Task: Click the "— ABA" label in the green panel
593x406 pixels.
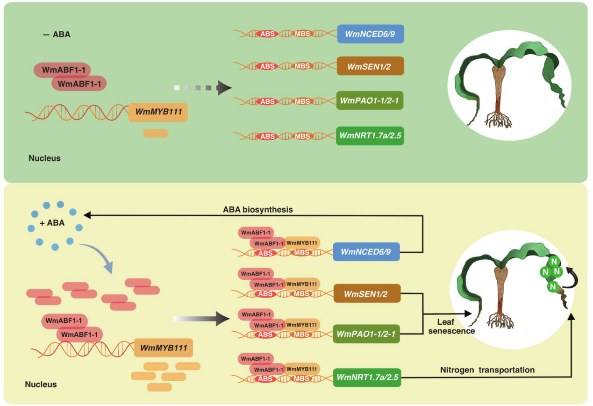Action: [57, 34]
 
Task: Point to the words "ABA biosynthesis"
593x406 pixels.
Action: [257, 210]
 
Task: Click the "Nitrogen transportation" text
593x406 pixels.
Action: [487, 370]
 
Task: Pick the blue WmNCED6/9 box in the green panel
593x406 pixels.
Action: [370, 34]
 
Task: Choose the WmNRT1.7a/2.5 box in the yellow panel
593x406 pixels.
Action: [367, 377]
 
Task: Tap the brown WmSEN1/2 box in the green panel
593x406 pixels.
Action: [370, 66]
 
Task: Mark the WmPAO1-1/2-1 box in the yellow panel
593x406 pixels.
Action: [367, 334]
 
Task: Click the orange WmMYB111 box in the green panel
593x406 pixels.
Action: [158, 112]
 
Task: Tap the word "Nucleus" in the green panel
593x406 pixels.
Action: [44, 158]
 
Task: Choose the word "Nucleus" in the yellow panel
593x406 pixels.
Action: [41, 385]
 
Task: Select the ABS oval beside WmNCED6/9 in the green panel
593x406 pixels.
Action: [267, 34]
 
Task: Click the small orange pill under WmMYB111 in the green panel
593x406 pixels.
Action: [156, 134]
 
